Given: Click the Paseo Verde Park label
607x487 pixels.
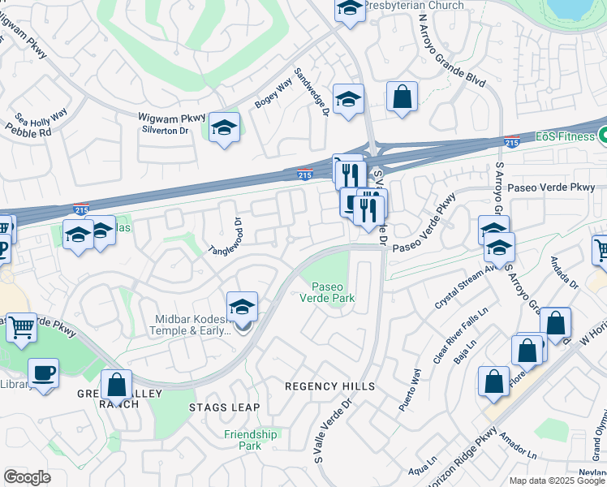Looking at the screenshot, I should click(333, 291).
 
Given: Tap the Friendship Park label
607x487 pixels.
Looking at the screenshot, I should click(250, 440).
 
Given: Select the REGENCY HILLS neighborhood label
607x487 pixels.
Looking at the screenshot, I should click(329, 386).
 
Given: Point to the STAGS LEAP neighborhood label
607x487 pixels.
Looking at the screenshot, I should click(224, 407).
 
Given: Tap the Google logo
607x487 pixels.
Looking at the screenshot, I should click(27, 477).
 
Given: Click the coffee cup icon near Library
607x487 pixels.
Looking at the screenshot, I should click(43, 373).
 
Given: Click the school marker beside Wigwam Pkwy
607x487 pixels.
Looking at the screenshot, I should click(224, 127).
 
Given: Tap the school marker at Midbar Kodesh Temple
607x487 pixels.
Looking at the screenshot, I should click(242, 308).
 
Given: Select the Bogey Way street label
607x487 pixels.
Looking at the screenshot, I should click(273, 94).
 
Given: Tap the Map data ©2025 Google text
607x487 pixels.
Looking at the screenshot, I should click(557, 481).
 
